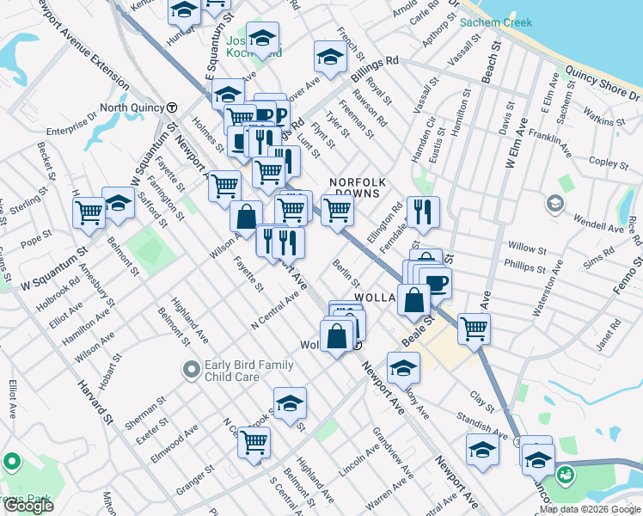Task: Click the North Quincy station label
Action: tap(132, 107)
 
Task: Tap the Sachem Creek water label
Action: tap(498, 22)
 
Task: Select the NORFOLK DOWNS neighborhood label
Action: tap(358, 189)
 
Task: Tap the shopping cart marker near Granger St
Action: tap(254, 442)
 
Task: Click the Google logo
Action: tap(28, 506)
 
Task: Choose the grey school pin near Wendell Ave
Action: tap(554, 203)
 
